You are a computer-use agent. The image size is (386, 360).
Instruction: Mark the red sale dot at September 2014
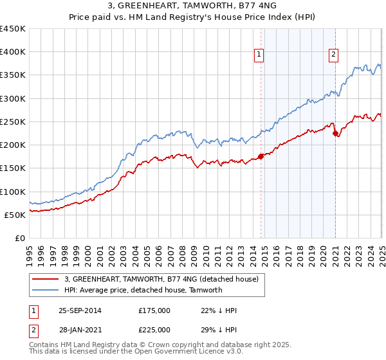[x=261, y=156]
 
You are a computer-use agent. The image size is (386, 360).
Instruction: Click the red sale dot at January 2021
[x=335, y=133]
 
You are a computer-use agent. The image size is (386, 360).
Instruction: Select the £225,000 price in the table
[x=154, y=329]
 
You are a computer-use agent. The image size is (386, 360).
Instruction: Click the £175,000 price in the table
[x=154, y=310]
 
